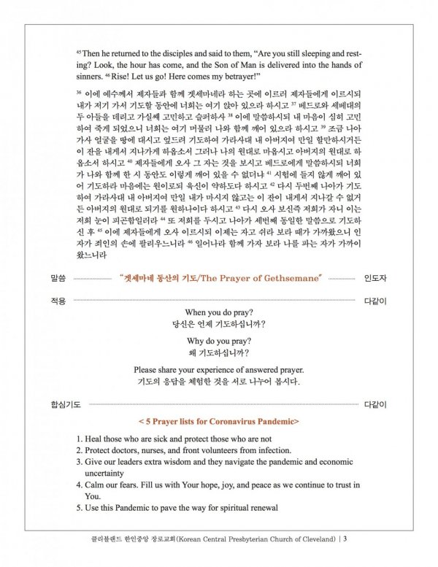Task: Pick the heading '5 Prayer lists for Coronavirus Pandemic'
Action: coord(220,421)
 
